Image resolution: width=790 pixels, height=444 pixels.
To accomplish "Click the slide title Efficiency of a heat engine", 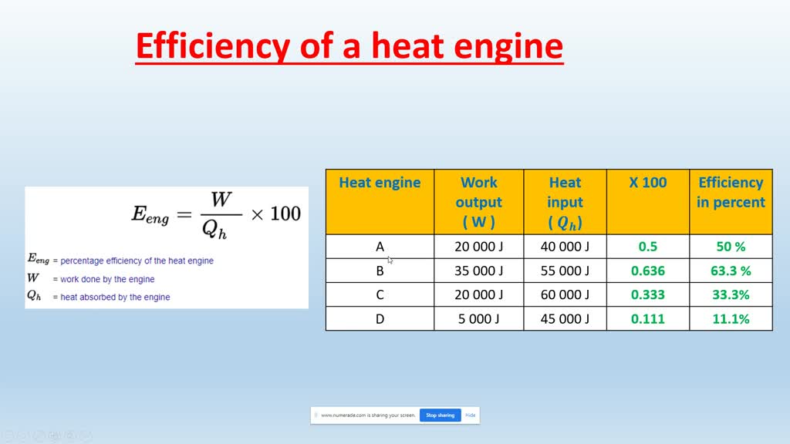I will [x=349, y=46].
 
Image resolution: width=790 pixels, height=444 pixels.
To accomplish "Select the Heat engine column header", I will [x=380, y=183].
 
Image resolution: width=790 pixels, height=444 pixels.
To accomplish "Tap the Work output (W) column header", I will [x=478, y=202].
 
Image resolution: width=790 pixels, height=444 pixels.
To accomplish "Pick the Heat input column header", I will [x=565, y=202].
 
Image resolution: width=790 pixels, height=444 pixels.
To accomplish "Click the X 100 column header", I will [x=647, y=183].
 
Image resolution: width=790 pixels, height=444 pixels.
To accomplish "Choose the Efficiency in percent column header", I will [x=730, y=193].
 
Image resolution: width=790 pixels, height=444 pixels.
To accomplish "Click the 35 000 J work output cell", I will [x=479, y=271].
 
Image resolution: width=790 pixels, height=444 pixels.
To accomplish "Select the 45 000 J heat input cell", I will [x=565, y=319].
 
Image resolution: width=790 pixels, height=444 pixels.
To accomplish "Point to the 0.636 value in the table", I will [x=647, y=271].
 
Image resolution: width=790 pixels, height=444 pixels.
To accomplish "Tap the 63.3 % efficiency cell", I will [x=730, y=271].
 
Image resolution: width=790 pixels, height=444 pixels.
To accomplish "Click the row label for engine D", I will [x=380, y=319].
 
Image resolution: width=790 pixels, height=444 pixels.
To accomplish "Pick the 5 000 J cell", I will [x=479, y=319].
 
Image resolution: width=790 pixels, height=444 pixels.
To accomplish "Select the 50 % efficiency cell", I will [x=730, y=247].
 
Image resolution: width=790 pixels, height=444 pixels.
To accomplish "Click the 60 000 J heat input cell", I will [x=565, y=295].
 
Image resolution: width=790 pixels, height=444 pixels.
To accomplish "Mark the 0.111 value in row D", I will [x=647, y=319].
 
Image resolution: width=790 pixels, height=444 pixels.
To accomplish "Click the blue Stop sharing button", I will [x=440, y=415].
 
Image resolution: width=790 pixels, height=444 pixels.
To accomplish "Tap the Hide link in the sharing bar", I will [x=471, y=415].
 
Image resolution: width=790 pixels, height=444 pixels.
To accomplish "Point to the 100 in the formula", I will [x=285, y=214].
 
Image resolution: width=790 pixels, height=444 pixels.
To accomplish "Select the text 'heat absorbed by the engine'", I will [x=115, y=297].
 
